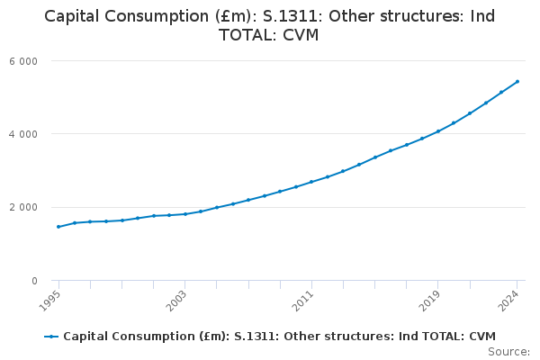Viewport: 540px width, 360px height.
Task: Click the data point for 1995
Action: (x=58, y=227)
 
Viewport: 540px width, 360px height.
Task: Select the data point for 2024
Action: (x=517, y=81)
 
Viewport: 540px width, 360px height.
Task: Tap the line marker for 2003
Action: (x=184, y=214)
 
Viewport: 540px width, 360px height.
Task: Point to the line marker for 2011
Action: (x=311, y=182)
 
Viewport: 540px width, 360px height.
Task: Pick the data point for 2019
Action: (x=438, y=131)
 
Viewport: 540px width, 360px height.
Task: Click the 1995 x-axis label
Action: (x=52, y=300)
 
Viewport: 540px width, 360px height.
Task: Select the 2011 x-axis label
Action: (x=305, y=300)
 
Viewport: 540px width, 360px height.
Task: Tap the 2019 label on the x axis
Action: (x=432, y=300)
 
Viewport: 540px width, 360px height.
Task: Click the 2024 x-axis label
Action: (x=511, y=300)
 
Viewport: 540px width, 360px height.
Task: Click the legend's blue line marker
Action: (x=51, y=337)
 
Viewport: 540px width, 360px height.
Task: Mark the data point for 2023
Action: (x=501, y=92)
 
